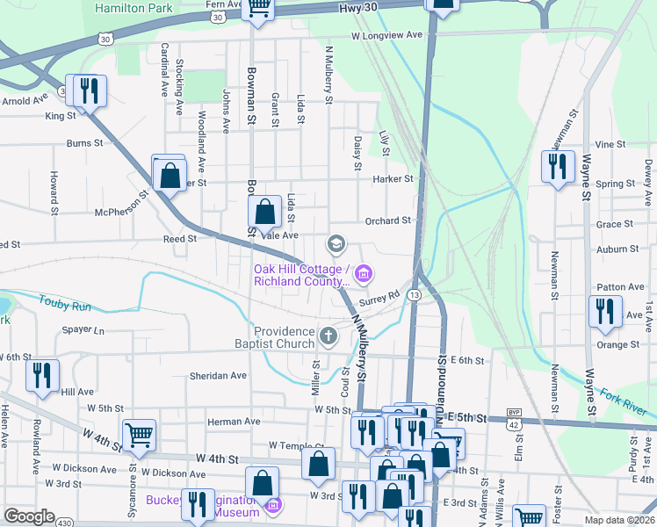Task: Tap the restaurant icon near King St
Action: click(x=88, y=91)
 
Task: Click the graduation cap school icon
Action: click(x=335, y=243)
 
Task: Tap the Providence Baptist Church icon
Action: click(x=328, y=336)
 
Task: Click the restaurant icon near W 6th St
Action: click(x=42, y=376)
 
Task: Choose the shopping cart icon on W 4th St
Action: click(x=139, y=436)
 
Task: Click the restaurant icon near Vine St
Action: click(x=558, y=167)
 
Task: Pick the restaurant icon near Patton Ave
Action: click(x=604, y=313)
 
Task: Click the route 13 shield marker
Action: click(x=413, y=296)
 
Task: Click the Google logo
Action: click(x=29, y=516)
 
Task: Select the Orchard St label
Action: click(x=389, y=220)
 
